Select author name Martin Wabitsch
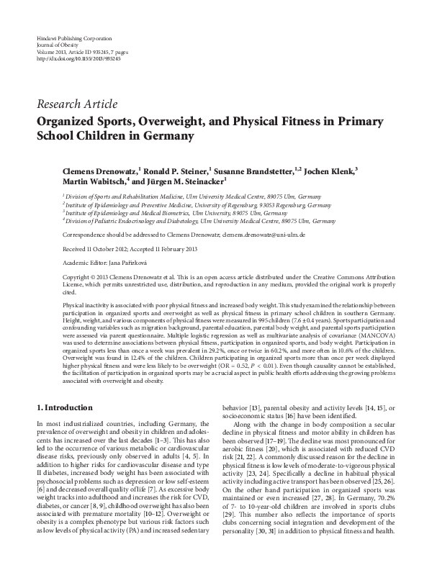point(93,182)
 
